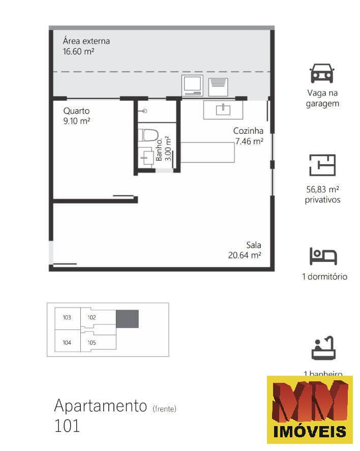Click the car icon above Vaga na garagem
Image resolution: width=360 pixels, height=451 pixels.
[322, 74]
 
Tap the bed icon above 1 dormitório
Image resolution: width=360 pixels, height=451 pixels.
[323, 256]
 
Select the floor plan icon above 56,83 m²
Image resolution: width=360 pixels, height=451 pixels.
[322, 165]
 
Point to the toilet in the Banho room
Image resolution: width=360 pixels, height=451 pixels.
[149, 136]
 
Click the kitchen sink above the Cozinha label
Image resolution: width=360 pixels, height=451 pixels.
[223, 109]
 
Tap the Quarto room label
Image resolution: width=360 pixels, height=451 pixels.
[76, 110]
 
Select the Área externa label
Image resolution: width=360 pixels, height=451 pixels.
[86, 41]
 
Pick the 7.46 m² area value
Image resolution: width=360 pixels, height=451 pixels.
[249, 142]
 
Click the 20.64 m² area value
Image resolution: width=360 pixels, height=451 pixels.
[245, 255]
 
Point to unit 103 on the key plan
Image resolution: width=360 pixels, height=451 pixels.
[67, 318]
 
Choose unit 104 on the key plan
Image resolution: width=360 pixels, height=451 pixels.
[67, 343]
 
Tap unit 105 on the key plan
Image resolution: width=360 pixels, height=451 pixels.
[92, 343]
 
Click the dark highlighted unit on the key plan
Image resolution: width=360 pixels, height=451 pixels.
[127, 319]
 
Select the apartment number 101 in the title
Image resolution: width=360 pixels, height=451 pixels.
[67, 426]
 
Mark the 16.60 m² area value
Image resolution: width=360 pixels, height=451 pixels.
[79, 51]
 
